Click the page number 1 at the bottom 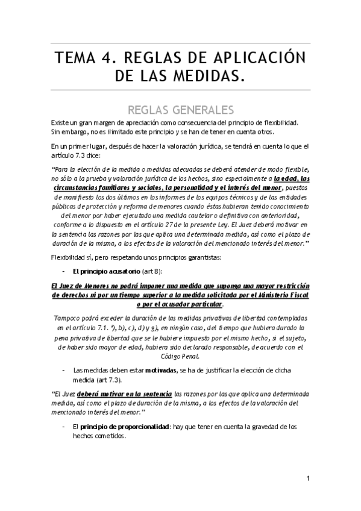click(307, 479)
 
